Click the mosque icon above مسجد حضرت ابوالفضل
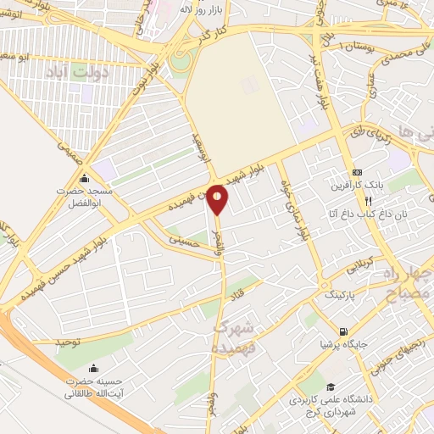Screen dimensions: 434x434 83,179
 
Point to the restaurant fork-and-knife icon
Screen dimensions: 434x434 368,202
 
